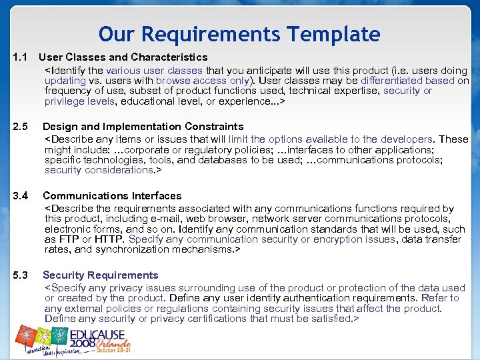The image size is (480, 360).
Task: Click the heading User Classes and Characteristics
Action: (x=123, y=57)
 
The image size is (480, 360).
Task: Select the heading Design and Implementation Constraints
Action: (x=143, y=127)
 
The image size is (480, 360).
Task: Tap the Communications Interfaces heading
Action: (x=112, y=196)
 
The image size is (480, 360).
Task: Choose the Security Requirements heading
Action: (x=101, y=275)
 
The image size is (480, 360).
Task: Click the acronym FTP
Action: (x=69, y=239)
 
